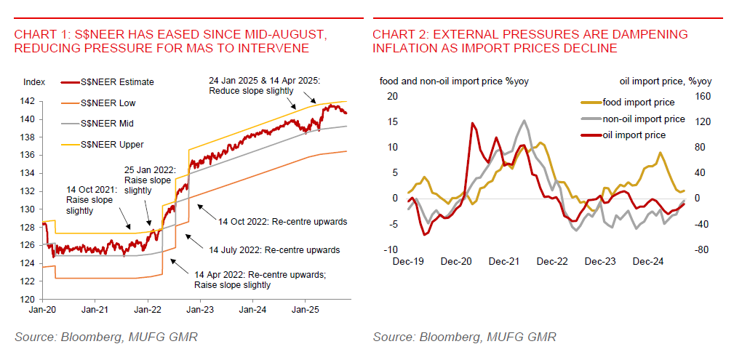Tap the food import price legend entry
coord(638,103)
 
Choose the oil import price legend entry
coord(634,135)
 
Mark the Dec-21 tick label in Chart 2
coord(503,260)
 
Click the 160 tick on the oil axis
coord(701,96)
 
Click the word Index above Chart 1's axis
coord(34,81)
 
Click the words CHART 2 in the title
coord(398,35)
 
